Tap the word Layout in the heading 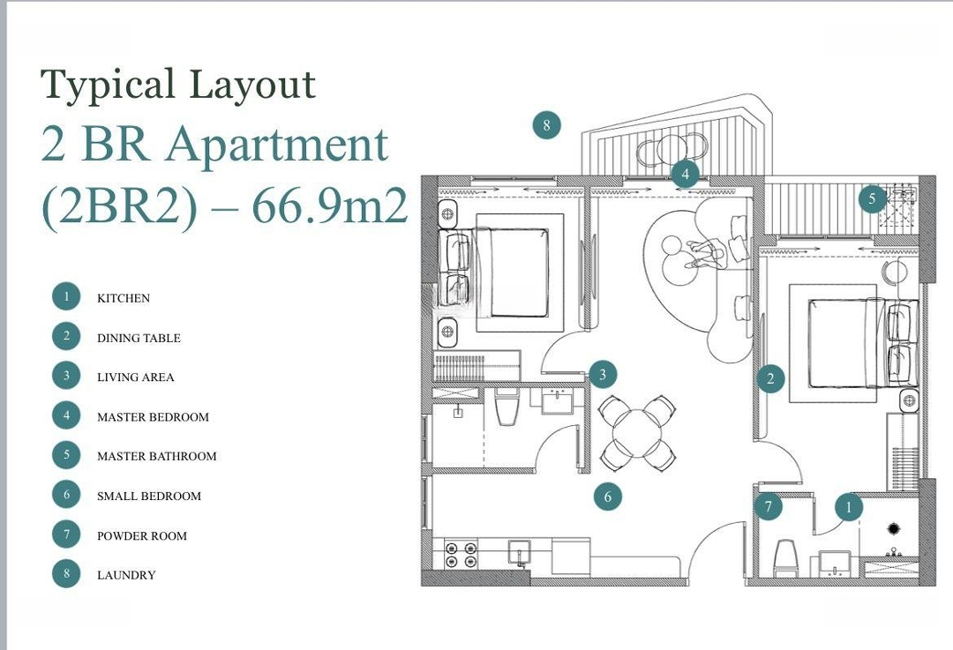(x=252, y=84)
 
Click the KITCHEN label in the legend (x=124, y=298)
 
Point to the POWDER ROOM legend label (x=141, y=536)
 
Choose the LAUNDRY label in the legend (x=126, y=575)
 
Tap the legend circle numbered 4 (x=66, y=415)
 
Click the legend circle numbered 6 (x=66, y=495)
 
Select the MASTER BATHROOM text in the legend (x=157, y=456)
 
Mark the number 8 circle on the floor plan (x=546, y=125)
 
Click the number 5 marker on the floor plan (x=872, y=198)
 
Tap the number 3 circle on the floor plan (x=603, y=374)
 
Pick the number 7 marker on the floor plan (x=769, y=506)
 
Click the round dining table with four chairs (x=637, y=432)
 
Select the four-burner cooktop (x=461, y=554)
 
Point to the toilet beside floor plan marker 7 (x=785, y=557)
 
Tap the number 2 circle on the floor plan (x=770, y=379)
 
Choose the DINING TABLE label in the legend (x=139, y=339)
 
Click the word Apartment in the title (x=276, y=146)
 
